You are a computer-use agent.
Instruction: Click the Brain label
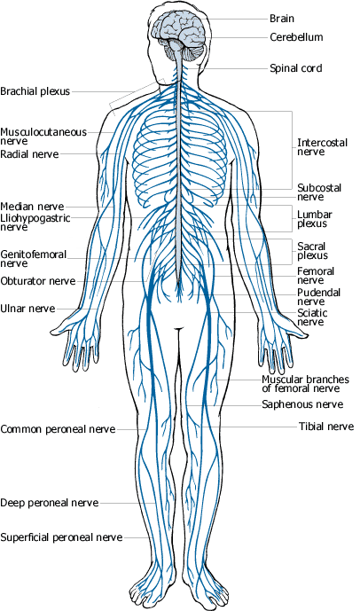[282, 19]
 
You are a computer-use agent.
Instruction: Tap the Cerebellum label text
[296, 37]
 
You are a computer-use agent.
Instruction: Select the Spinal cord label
[296, 68]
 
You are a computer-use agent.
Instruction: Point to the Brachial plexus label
[35, 91]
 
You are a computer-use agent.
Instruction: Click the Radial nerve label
[29, 154]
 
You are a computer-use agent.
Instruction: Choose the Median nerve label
[32, 207]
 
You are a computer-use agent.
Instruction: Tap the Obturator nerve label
[38, 281]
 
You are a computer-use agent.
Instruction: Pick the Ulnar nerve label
[27, 309]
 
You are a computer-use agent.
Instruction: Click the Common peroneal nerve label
[58, 429]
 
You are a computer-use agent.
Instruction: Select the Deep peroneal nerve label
[49, 503]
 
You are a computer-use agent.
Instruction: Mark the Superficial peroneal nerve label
[61, 537]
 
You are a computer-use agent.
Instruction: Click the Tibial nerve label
[326, 427]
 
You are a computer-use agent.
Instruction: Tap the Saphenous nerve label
[302, 404]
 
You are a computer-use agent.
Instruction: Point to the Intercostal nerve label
[322, 147]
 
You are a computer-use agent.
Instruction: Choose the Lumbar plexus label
[315, 219]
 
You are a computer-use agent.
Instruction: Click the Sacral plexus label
[312, 251]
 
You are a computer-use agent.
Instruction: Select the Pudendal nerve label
[318, 297]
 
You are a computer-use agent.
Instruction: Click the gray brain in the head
[180, 35]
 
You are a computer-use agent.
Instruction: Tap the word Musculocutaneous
[43, 132]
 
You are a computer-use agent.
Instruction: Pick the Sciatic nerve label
[312, 317]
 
